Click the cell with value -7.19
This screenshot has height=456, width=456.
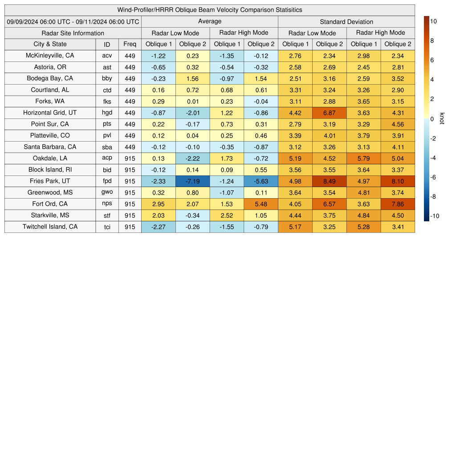click(193, 181)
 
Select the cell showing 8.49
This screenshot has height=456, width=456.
click(330, 181)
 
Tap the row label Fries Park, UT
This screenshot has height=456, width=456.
click(50, 181)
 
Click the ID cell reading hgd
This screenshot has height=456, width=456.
click(107, 113)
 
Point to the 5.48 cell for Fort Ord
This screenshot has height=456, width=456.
click(261, 204)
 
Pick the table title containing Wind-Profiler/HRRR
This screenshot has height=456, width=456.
click(209, 10)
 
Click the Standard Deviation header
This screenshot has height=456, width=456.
click(346, 21)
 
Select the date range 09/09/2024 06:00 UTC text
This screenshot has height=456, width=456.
click(73, 21)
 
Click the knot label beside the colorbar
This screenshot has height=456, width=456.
click(442, 118)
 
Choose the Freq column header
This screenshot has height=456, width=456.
click(130, 44)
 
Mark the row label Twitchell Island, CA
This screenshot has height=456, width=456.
click(50, 227)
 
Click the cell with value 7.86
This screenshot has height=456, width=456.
click(398, 204)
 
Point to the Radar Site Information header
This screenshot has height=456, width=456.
click(73, 33)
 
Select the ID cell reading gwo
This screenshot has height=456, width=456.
click(107, 192)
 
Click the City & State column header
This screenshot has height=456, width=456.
click(50, 44)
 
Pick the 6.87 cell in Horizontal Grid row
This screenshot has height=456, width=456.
click(330, 113)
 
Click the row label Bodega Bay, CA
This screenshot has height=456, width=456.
click(50, 78)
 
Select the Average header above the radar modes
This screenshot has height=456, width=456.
click(209, 21)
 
